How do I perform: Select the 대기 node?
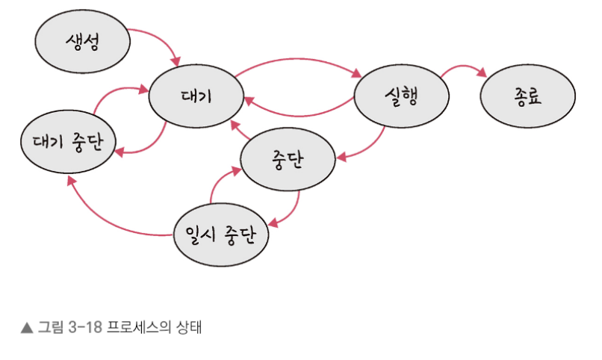tap(196, 97)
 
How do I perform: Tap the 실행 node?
tap(401, 97)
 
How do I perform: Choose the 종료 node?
tap(528, 98)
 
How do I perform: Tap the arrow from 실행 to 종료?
tap(463, 67)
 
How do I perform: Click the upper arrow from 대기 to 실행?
tap(299, 58)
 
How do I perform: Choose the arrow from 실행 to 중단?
tap(370, 146)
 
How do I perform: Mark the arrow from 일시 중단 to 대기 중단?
tap(105, 220)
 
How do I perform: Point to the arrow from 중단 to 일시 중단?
tap(294, 209)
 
